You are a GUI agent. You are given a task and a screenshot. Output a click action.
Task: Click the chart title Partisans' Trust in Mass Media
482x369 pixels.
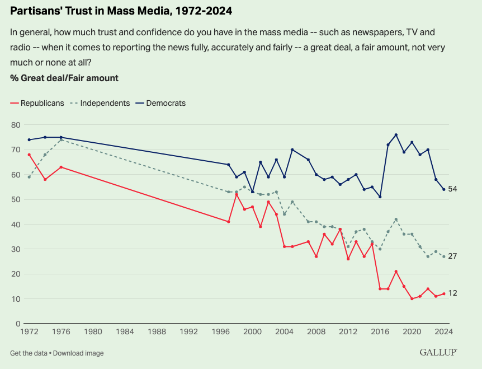tap(121, 11)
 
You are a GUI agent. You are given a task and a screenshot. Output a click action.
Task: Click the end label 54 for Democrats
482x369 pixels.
tap(453, 189)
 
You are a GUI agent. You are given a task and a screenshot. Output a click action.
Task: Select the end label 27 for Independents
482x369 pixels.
tap(453, 256)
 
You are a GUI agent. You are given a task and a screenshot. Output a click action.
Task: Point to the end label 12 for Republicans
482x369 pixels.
tap(453, 293)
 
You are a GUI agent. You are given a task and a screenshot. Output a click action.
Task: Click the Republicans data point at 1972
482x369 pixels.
tap(29, 155)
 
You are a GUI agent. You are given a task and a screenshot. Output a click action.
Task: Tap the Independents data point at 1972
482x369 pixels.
tap(29, 177)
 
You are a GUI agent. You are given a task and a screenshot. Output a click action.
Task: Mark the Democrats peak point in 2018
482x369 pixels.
tap(396, 135)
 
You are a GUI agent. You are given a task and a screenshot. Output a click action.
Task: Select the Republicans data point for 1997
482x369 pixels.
tap(228, 222)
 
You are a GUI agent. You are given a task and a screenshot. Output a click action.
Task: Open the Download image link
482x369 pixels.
tap(78, 353)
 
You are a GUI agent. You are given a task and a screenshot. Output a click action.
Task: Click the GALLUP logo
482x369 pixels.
tap(438, 353)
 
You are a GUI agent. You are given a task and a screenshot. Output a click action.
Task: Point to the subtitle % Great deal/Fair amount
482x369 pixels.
tap(64, 78)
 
